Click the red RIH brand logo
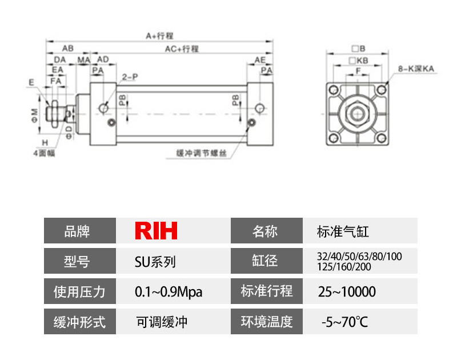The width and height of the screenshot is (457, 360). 156,231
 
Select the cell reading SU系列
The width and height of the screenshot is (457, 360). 155,262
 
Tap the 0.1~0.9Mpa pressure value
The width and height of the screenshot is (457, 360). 169,292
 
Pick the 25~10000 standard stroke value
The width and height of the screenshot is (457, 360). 347,292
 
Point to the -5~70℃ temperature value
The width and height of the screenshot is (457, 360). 345,322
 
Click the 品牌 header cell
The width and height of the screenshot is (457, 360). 79,231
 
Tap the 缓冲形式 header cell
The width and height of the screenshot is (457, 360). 79,322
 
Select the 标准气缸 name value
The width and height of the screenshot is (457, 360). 339,231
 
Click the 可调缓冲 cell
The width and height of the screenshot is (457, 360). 162,322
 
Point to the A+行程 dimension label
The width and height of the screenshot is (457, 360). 159,35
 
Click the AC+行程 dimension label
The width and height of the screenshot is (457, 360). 182,49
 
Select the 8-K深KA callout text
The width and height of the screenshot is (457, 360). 416,69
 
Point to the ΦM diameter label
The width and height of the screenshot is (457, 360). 35,111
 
